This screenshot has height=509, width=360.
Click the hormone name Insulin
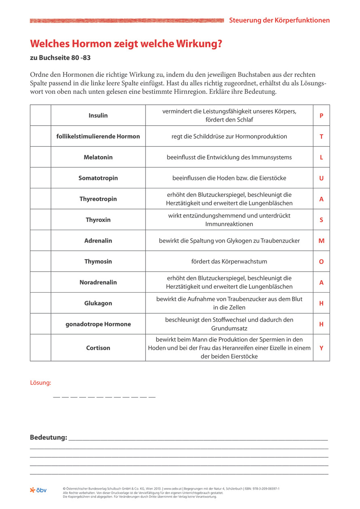[98, 116]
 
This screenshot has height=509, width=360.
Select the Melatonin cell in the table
[98, 157]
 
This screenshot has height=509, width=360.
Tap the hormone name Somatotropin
[98, 178]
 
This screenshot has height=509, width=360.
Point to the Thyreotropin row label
[98, 199]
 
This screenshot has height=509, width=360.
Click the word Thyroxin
[98, 220]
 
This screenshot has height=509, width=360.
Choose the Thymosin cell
[98, 262]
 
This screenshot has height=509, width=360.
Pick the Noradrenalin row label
[98, 283]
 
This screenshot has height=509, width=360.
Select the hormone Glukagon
[98, 303]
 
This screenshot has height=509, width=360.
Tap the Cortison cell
[98, 348]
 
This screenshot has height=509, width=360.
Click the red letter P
[321, 116]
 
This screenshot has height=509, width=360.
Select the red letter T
[321, 137]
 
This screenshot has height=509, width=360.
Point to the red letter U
[321, 178]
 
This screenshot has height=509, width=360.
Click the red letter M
[321, 241]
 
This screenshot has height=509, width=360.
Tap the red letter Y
[321, 348]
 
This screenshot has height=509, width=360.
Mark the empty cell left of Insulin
[40, 116]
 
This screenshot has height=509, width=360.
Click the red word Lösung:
[40, 382]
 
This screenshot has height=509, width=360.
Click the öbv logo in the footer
[38, 490]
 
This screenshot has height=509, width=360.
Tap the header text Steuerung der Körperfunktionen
[279, 20]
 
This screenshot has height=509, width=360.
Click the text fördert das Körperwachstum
[229, 262]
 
